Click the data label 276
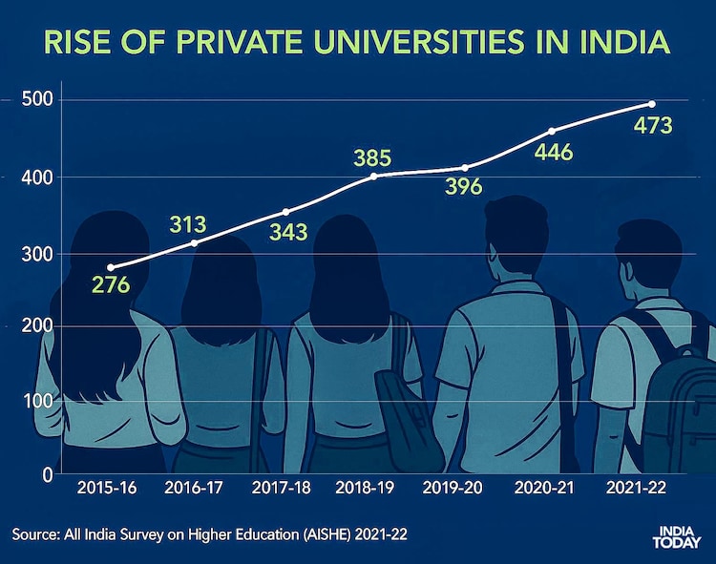(110, 285)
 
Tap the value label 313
(188, 225)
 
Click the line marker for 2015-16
(110, 267)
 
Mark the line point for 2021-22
(652, 103)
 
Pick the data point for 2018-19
(374, 176)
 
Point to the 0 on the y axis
(45, 474)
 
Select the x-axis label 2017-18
(283, 489)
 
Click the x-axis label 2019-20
(455, 489)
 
